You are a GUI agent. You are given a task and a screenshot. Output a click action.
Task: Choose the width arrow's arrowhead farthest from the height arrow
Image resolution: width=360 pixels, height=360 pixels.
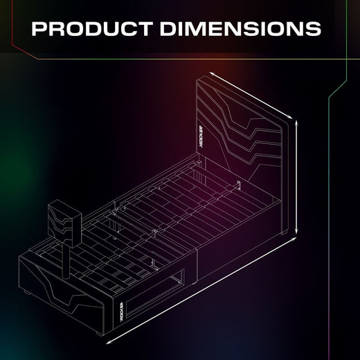click(x=208, y=71)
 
